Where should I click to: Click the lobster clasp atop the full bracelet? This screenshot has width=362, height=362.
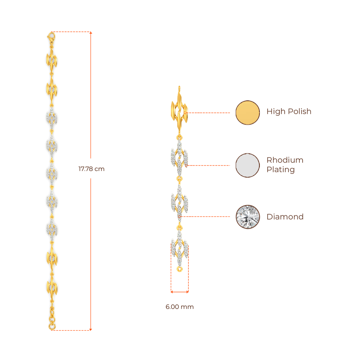click(51, 36)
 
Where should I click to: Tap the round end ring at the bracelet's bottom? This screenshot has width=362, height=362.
click(52, 327)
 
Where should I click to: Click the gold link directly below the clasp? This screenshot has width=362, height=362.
click(52, 60)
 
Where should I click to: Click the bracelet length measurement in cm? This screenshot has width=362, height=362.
click(91, 169)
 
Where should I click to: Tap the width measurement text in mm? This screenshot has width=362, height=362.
click(180, 307)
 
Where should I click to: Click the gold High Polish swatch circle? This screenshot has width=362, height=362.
click(248, 113)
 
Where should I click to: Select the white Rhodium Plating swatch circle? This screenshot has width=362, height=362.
click(248, 165)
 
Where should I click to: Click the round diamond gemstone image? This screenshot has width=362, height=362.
click(248, 216)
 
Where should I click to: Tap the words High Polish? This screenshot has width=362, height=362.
click(289, 112)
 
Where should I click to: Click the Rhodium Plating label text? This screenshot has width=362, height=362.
click(285, 165)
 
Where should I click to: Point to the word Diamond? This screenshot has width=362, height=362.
click(285, 217)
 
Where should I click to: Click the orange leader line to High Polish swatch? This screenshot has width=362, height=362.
click(210, 113)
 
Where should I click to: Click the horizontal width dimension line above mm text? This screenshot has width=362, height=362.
click(180, 292)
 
